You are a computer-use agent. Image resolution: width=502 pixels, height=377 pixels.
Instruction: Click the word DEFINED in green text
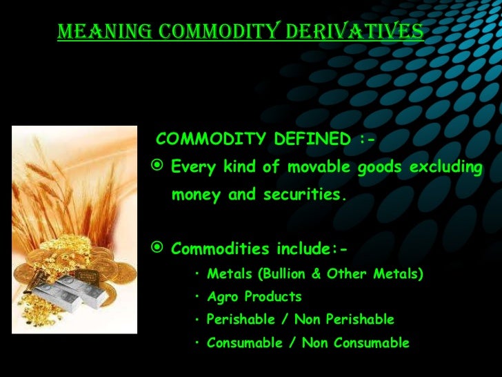click(312, 140)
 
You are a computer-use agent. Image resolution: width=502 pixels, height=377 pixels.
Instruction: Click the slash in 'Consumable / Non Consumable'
click(287, 342)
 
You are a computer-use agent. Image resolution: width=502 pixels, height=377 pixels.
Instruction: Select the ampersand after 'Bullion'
click(317, 274)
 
